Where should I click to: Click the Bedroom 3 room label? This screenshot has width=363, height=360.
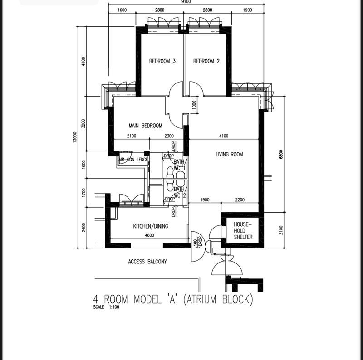[162, 61]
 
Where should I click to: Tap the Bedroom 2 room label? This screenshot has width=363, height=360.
[206, 61]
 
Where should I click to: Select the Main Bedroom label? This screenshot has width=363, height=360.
[145, 126]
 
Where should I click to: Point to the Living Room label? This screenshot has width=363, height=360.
[229, 154]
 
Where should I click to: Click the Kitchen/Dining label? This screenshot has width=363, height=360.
[151, 226]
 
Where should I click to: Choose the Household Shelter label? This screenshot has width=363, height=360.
[243, 231]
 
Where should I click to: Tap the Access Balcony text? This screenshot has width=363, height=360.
[147, 262]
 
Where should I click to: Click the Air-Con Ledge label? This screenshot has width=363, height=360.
[133, 160]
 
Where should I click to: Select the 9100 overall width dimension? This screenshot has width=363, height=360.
[186, 2]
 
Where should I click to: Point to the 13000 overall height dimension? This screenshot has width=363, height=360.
[74, 137]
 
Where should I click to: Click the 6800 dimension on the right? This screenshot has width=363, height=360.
[281, 154]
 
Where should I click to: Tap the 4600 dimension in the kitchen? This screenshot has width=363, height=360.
[149, 235]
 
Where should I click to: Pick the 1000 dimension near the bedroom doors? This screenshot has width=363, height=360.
[194, 105]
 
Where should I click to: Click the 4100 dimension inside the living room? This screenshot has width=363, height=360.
[224, 136]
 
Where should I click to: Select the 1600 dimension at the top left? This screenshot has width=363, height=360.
[122, 10]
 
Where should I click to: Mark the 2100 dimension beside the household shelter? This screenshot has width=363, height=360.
[281, 230]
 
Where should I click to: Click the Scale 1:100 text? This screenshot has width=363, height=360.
[106, 307]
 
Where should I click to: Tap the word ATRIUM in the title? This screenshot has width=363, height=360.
[201, 299]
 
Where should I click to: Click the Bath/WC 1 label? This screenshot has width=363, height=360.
[179, 165]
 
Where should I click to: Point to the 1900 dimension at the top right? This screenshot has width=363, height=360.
[247, 10]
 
